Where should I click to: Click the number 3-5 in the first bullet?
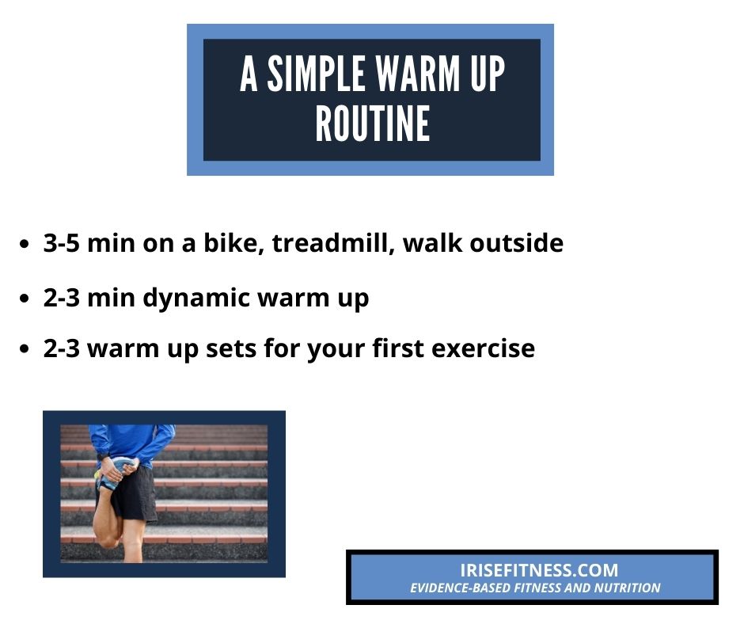click(x=61, y=242)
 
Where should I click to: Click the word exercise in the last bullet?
click(x=483, y=348)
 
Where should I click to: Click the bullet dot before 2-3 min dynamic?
click(x=25, y=299)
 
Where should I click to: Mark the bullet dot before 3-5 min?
click(x=25, y=244)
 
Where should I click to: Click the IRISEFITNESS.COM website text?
click(x=539, y=570)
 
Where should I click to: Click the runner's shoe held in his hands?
click(x=112, y=473)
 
